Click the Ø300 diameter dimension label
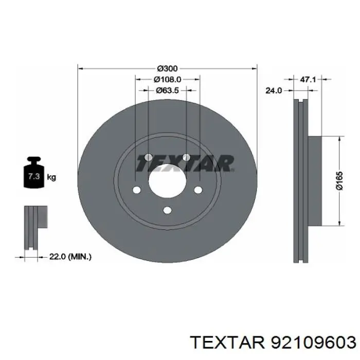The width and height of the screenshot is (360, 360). [x=167, y=68]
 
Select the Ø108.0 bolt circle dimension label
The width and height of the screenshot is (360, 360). [x=167, y=79]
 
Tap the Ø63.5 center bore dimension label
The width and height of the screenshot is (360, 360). [x=167, y=90]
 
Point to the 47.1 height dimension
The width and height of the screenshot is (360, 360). [x=307, y=80]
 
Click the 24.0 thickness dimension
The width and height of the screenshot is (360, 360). [x=273, y=91]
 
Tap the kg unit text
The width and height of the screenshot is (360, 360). [x=51, y=177]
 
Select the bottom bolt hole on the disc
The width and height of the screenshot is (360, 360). [x=167, y=210]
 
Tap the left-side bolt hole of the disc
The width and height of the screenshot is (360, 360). [x=136, y=191]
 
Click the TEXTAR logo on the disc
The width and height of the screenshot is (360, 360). [x=184, y=164]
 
